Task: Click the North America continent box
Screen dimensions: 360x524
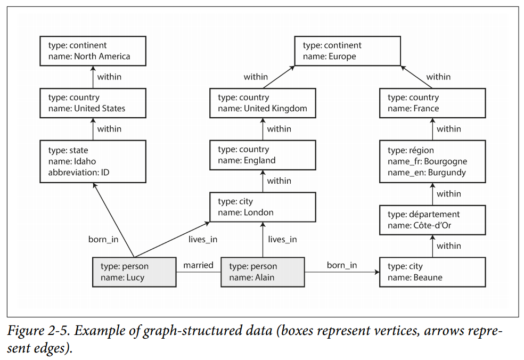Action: point(93,51)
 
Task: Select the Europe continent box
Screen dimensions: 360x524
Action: point(347,51)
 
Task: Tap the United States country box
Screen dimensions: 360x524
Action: point(93,103)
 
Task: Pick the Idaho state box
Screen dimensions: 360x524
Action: point(93,161)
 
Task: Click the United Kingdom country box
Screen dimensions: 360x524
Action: point(263,103)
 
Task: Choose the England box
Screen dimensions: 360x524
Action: point(263,155)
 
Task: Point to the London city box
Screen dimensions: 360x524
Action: point(263,207)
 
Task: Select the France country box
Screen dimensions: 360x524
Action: point(432,103)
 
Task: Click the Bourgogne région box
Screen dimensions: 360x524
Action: point(432,161)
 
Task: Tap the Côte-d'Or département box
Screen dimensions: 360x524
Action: point(432,219)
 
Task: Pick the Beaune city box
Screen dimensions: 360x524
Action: point(432,272)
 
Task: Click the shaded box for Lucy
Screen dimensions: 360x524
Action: point(134,272)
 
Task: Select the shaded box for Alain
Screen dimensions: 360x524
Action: point(263,272)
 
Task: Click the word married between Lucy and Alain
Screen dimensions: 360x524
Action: point(199,265)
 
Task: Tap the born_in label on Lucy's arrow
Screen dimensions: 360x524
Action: point(103,240)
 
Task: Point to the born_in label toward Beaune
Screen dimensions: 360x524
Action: point(342,265)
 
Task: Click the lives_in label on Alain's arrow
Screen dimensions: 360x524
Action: point(283,240)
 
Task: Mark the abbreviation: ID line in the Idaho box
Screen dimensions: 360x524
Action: point(79,172)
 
